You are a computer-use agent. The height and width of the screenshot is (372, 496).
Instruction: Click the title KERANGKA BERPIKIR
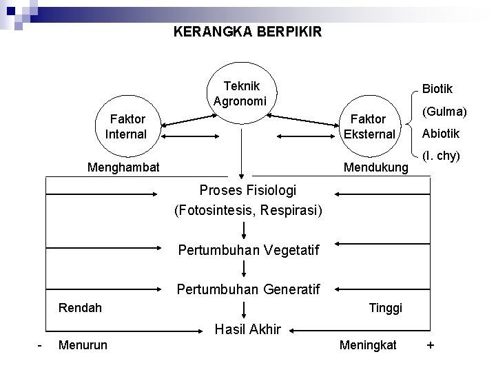click(247, 32)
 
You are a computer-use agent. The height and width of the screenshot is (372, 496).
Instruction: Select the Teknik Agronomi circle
click(236, 94)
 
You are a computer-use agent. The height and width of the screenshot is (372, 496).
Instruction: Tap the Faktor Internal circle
click(126, 127)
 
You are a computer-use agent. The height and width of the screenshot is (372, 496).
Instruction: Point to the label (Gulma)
click(444, 112)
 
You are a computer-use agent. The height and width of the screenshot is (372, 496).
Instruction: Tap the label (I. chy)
click(440, 156)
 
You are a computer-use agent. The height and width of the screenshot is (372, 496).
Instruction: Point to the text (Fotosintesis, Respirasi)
click(248, 209)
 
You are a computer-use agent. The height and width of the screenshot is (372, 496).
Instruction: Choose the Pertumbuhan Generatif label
click(248, 290)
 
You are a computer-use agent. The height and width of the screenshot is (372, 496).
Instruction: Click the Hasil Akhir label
click(248, 329)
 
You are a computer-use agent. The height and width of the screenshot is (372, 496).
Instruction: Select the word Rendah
click(81, 307)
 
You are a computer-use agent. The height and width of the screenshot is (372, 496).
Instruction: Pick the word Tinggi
click(386, 307)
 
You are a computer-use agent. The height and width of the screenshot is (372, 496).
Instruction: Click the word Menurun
click(83, 344)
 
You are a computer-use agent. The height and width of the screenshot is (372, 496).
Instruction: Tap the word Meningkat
click(368, 344)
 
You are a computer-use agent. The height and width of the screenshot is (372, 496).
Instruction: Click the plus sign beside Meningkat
click(431, 344)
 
